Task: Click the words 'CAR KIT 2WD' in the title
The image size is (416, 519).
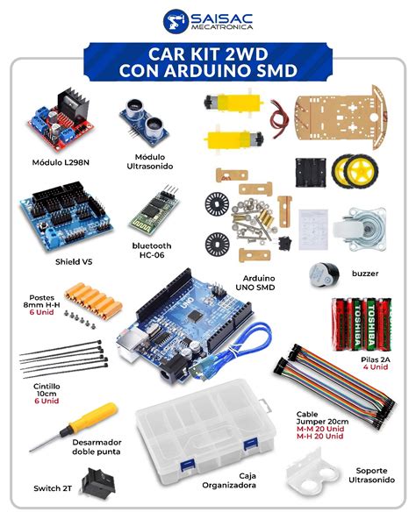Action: [207, 53]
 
